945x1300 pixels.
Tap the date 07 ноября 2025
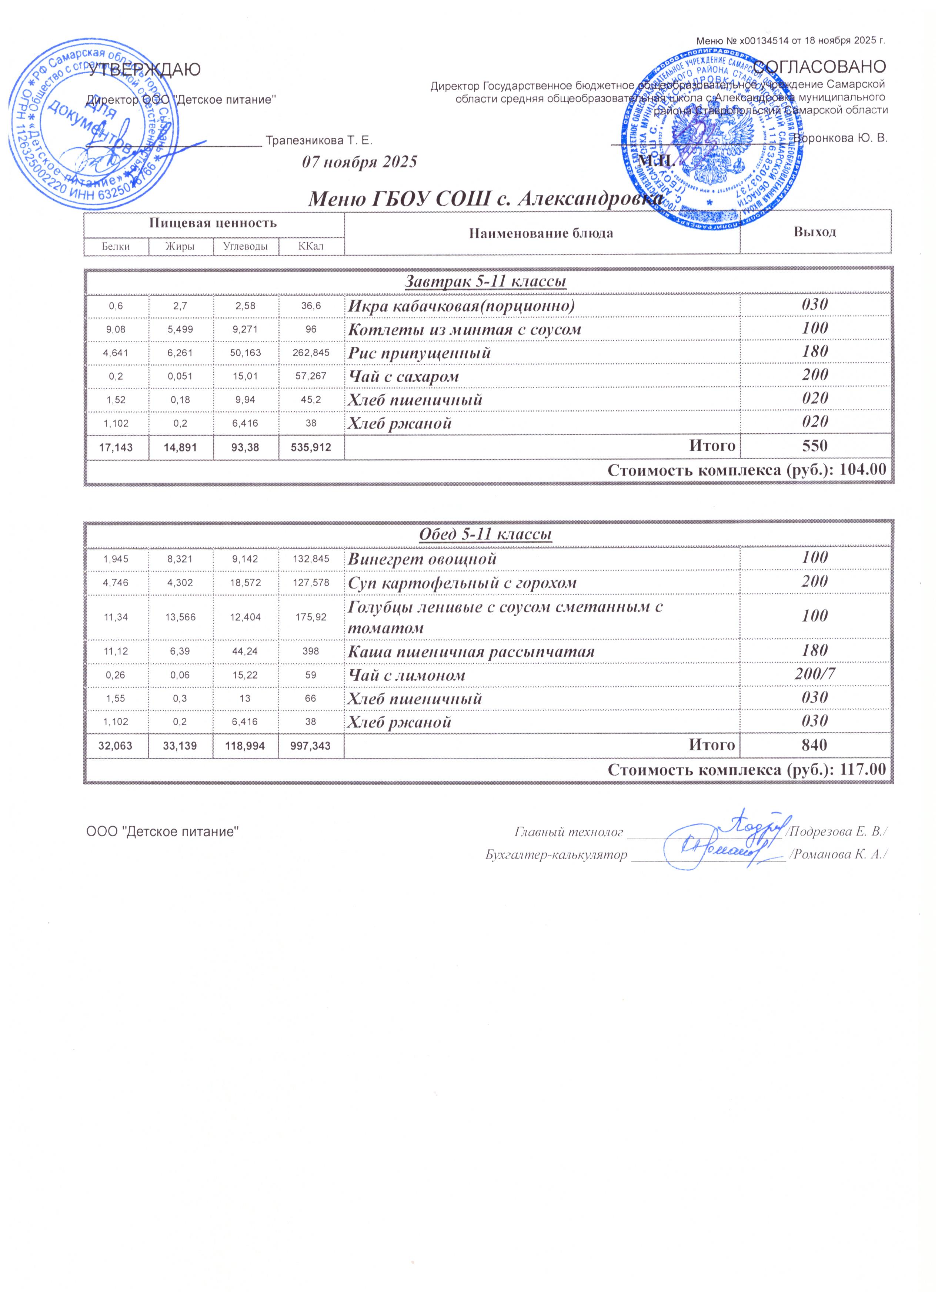point(359,161)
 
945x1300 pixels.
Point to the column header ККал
point(311,246)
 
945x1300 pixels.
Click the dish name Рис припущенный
point(420,353)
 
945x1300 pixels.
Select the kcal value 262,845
point(311,353)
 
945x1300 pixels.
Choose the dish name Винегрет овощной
point(423,559)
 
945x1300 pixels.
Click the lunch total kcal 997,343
point(311,746)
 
